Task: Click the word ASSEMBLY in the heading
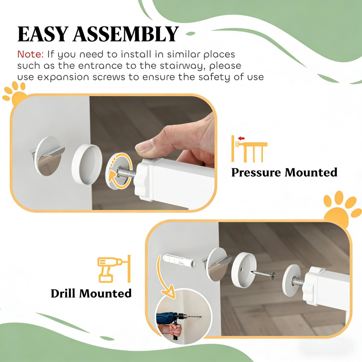pyautogui.click(x=126, y=34)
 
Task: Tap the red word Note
pyautogui.click(x=30, y=55)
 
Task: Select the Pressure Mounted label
pyautogui.click(x=284, y=173)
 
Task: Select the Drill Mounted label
pyautogui.click(x=91, y=294)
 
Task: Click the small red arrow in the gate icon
pyautogui.click(x=241, y=138)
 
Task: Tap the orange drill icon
pyautogui.click(x=114, y=269)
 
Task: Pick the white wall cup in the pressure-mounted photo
pyautogui.click(x=87, y=164)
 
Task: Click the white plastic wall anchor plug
pyautogui.click(x=179, y=261)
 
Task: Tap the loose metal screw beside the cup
pyautogui.click(x=264, y=274)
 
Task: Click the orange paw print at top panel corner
pyautogui.click(x=14, y=93)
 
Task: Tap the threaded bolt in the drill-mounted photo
pyautogui.click(x=298, y=281)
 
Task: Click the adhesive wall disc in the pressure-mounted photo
pyautogui.click(x=48, y=156)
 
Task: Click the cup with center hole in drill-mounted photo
pyautogui.click(x=244, y=270)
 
